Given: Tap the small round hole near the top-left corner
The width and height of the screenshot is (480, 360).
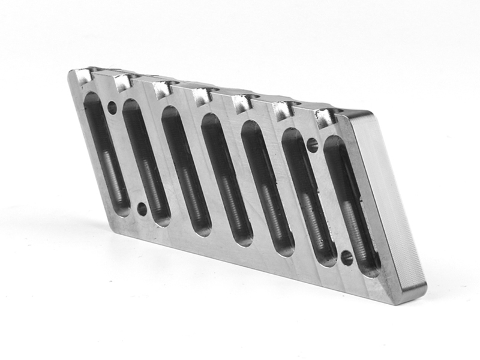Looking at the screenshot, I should pos(112,108).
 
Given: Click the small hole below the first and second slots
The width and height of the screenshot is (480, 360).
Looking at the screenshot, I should pos(142,209).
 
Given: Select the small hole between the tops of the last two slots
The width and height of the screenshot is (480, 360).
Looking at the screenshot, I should pos(312,144).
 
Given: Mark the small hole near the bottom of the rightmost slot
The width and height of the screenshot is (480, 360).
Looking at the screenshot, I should pos(347,258).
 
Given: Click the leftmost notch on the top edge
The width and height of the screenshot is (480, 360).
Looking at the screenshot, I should pos(84,75).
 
